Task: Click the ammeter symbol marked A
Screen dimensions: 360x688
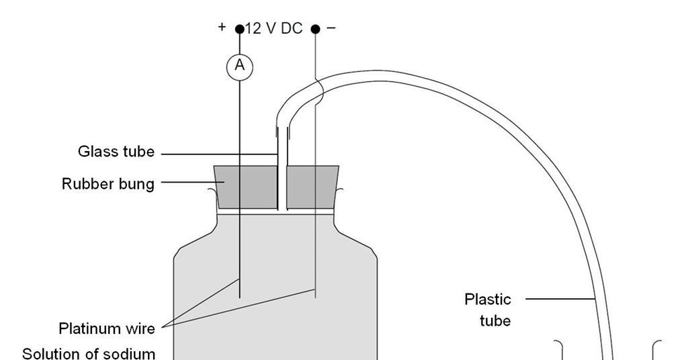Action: [239, 66]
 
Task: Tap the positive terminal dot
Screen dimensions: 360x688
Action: [240, 30]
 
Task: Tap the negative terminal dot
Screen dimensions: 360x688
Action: [316, 30]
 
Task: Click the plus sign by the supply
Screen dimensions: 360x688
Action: [222, 27]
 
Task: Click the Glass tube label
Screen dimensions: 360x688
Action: [116, 152]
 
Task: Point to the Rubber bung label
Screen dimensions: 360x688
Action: [107, 183]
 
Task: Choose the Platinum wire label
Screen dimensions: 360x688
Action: [107, 328]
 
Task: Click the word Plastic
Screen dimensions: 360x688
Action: [488, 299]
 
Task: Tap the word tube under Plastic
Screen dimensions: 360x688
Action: [495, 321]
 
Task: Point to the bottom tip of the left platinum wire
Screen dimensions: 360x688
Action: [240, 297]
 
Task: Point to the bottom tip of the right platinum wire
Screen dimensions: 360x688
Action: [316, 296]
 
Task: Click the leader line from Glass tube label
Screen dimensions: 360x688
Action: [218, 154]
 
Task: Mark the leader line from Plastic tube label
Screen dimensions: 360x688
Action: [560, 298]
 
